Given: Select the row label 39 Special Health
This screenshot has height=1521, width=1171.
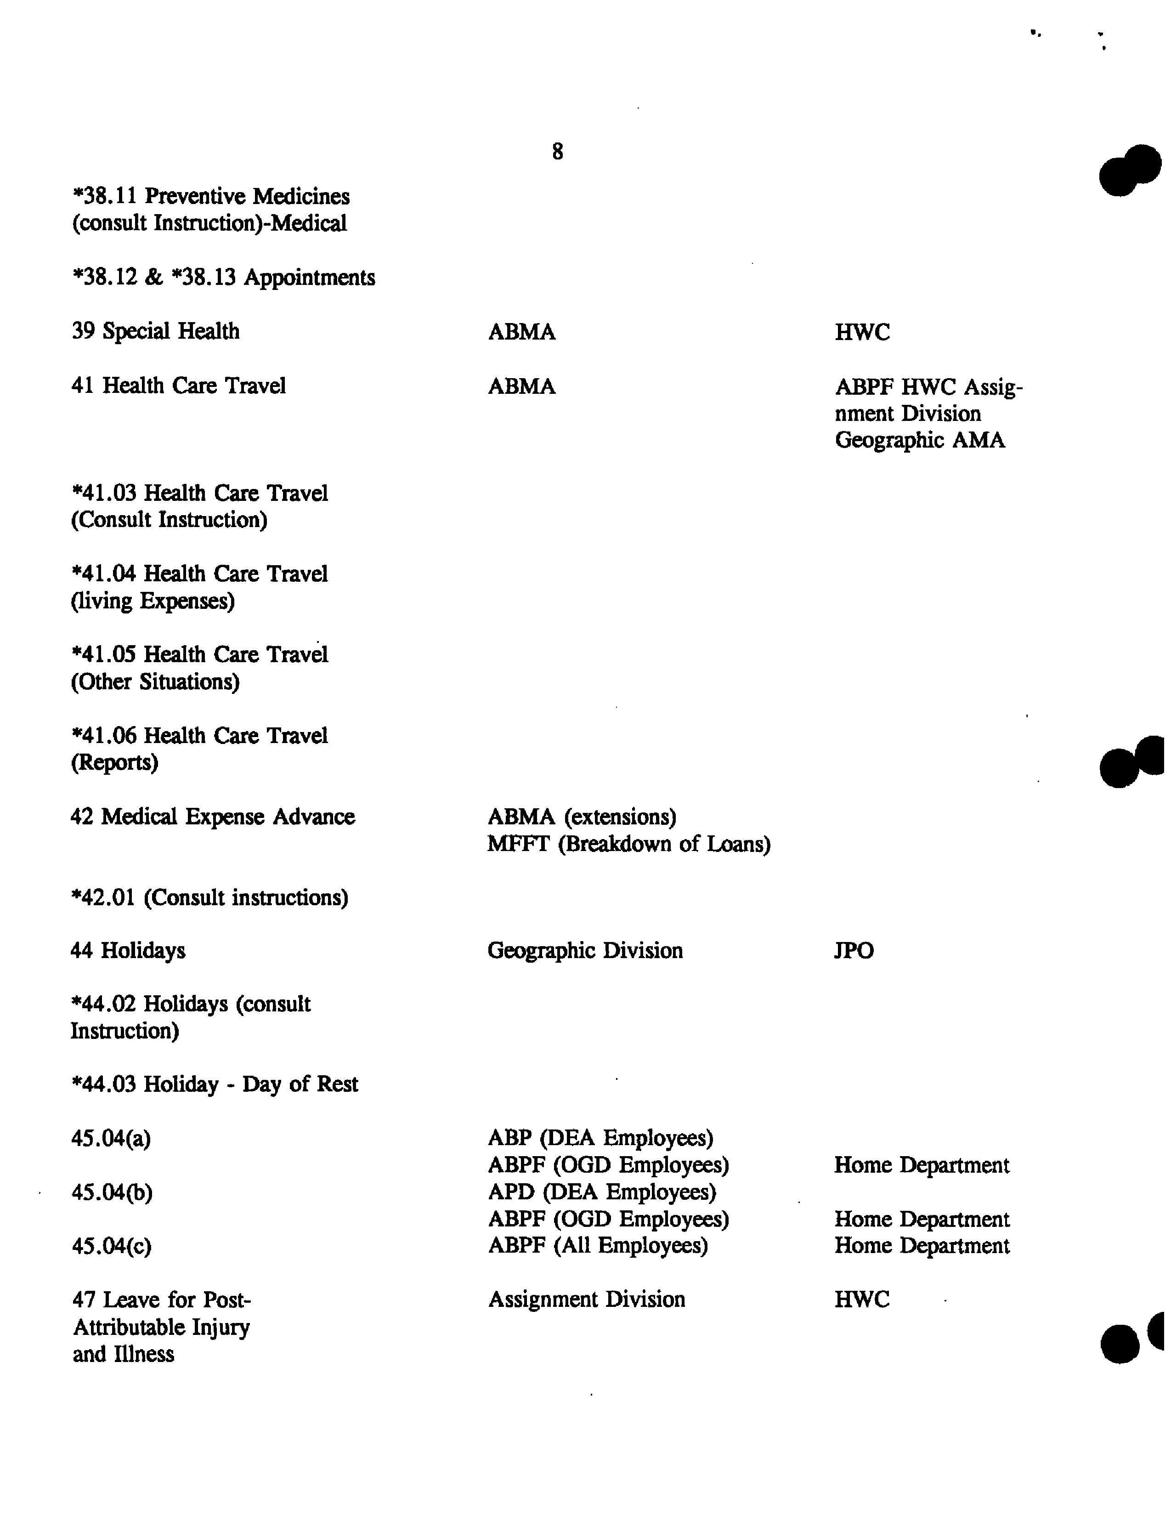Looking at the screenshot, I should (155, 331).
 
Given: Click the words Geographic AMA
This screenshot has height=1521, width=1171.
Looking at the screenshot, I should (920, 440).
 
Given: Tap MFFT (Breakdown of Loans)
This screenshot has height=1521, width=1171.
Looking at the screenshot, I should (628, 844).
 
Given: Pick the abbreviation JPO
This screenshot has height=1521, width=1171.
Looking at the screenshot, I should (854, 951).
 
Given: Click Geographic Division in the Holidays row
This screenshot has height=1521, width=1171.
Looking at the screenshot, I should (585, 951).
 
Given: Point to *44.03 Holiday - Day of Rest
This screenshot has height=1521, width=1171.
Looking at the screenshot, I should (215, 1084).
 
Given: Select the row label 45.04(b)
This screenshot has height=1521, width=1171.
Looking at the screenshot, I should (111, 1192).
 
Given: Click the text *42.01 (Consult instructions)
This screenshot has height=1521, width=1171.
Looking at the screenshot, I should (209, 898).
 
